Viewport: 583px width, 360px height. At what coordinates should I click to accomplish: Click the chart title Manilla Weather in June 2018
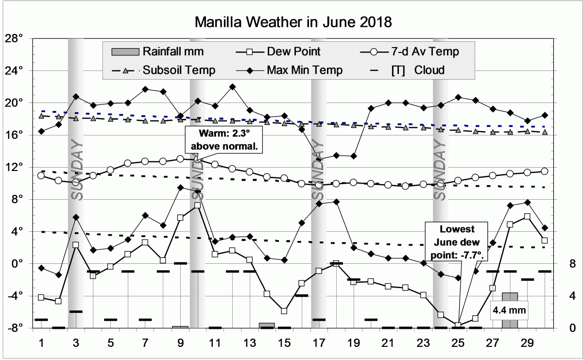[x=293, y=22]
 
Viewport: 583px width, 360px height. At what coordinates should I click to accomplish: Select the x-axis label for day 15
[x=284, y=342]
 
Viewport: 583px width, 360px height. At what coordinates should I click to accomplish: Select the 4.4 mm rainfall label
[x=509, y=309]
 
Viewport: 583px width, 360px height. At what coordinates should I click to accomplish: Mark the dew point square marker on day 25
[x=458, y=325]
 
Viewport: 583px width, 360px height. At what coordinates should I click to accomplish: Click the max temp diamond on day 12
[x=232, y=87]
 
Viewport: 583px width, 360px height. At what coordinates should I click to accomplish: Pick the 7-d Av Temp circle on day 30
[x=544, y=171]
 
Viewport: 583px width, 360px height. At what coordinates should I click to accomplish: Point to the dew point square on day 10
[x=197, y=205]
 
